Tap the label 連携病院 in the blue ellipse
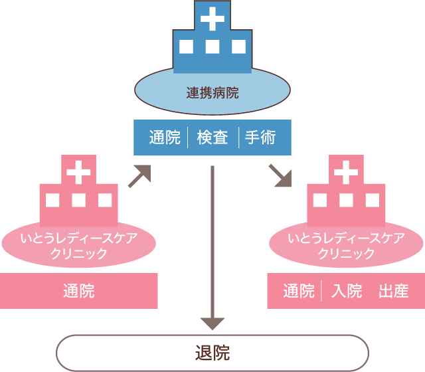coord(212,92)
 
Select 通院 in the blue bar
coord(165,138)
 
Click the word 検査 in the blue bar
coord(212,138)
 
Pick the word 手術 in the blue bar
coord(260,138)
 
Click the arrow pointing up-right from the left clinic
coord(139,176)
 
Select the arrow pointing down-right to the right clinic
coord(281,176)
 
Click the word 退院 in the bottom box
coord(212,352)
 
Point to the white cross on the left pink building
coord(78,172)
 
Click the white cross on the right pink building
coord(345,172)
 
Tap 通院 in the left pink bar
coord(78,290)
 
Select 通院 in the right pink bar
coord(298,290)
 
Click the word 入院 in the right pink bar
coord(347,290)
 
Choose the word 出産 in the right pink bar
coord(393,290)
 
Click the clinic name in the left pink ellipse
coord(78,245)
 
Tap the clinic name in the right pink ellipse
coord(345,245)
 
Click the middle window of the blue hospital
coord(212,47)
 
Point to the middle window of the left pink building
coord(78,200)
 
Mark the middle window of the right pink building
coord(345,200)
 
